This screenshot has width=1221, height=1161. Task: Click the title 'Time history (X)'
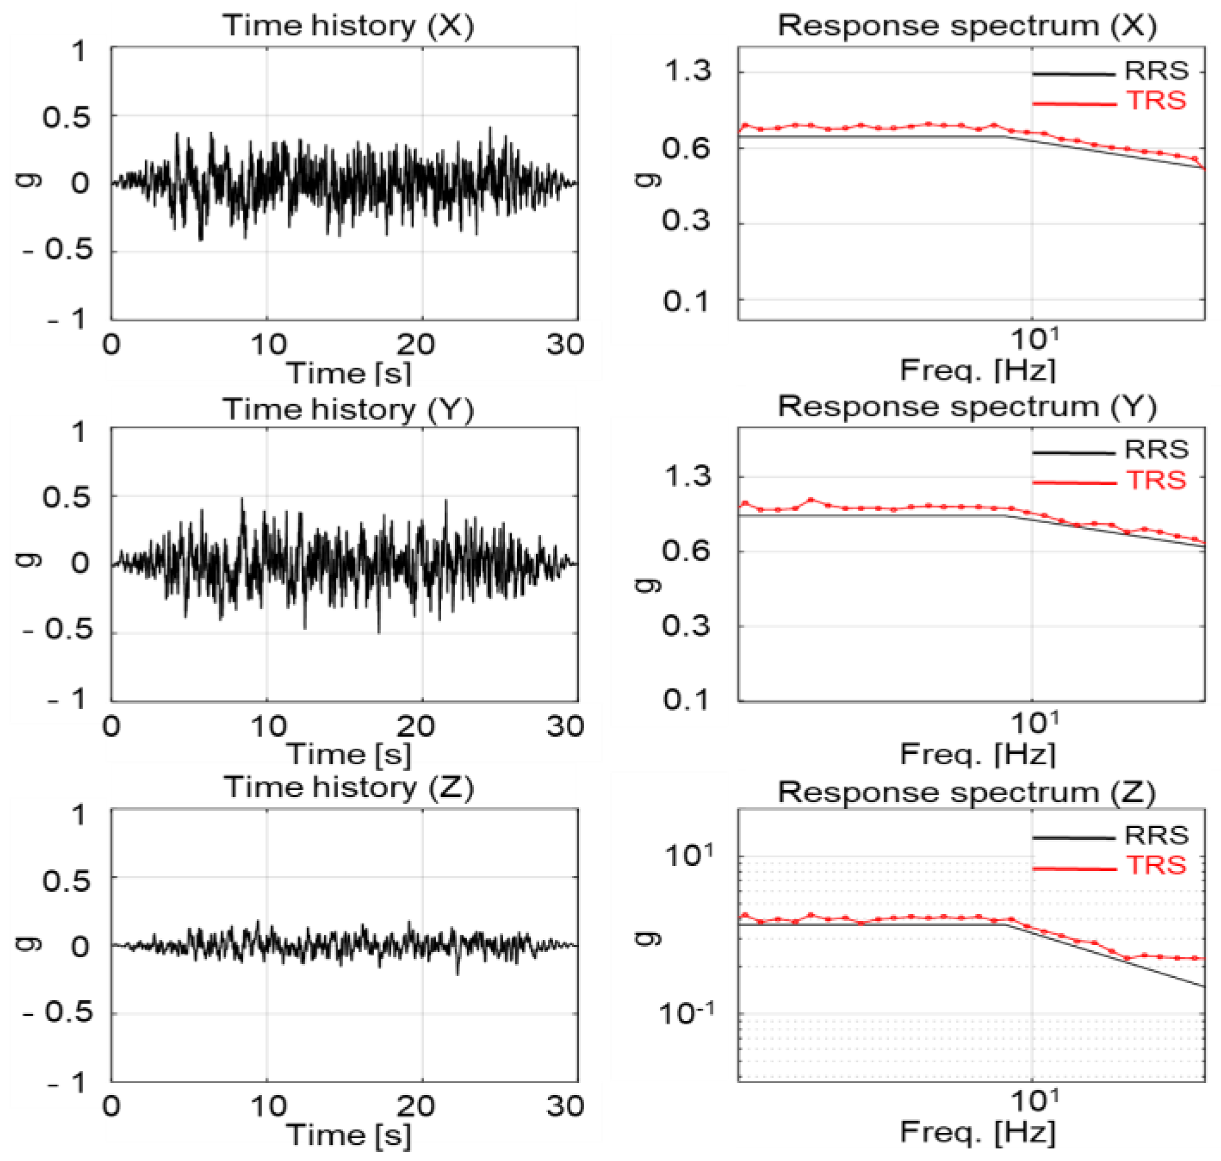pyautogui.click(x=348, y=26)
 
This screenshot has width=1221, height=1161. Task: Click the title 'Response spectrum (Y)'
pyautogui.click(x=966, y=407)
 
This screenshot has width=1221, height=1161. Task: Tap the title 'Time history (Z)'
pyautogui.click(x=348, y=787)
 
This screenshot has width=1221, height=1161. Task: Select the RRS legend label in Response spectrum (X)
pyautogui.click(x=1156, y=71)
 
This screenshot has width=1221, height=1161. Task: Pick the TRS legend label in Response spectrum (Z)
pyautogui.click(x=1156, y=865)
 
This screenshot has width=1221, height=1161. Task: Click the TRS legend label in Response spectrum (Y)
pyautogui.click(x=1156, y=479)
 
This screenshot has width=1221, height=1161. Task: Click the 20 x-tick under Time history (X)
pyautogui.click(x=415, y=345)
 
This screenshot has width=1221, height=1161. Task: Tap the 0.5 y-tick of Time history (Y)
pyautogui.click(x=67, y=498)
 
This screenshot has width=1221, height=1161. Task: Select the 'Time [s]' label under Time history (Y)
pyautogui.click(x=348, y=754)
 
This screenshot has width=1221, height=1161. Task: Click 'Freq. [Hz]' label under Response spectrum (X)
pyautogui.click(x=977, y=371)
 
